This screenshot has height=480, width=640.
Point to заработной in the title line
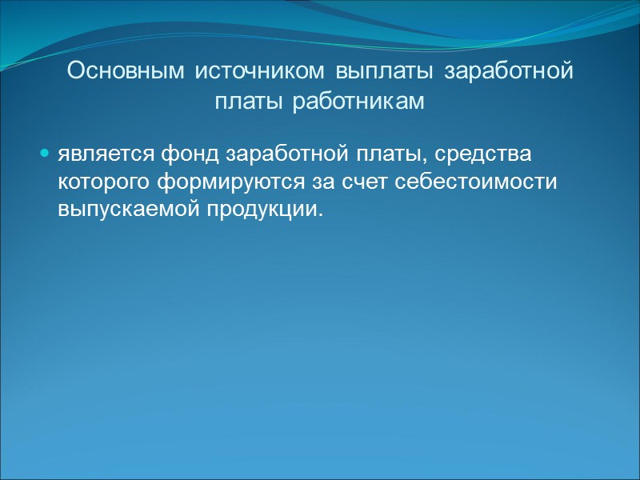tap(508, 71)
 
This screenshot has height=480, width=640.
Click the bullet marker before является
tap(45, 152)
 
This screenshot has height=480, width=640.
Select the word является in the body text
tap(99, 152)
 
